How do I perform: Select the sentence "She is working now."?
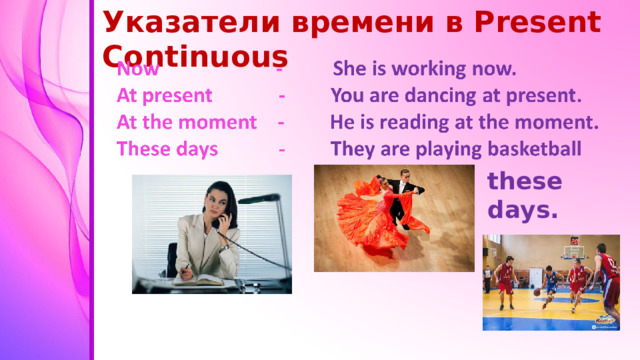point(424,70)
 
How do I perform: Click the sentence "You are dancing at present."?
point(455,97)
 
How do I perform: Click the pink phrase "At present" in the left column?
point(164,97)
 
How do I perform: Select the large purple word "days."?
point(523,211)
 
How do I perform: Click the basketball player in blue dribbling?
point(549,284)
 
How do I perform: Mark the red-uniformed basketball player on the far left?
point(505,281)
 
